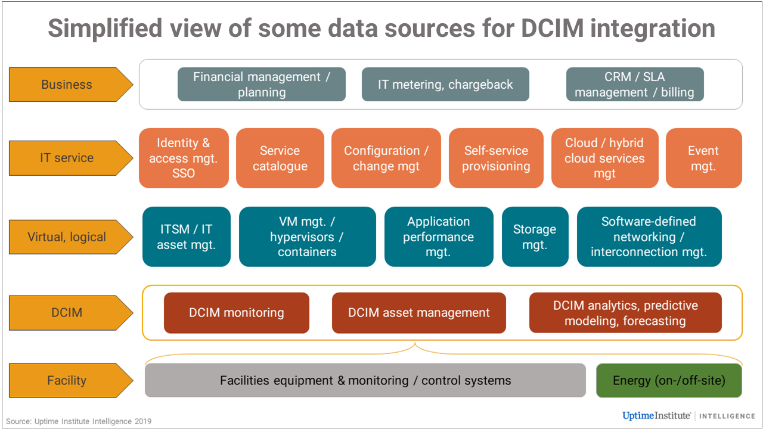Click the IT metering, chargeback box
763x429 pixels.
pos(445,85)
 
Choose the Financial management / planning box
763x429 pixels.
pos(261,85)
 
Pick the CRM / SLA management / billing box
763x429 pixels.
pos(634,85)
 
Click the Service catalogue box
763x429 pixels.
pos(280,158)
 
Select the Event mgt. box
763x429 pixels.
pos(703,158)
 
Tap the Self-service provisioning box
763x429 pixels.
pos(496,158)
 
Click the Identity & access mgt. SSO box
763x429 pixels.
pos(184,158)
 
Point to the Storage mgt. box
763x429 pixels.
pos(535,237)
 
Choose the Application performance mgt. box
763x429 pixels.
pos(439,237)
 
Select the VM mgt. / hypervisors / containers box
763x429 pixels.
pos(307,237)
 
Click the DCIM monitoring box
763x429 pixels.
pos(237,313)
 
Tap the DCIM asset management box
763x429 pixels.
pos(418,313)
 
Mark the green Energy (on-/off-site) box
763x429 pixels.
pos(669,380)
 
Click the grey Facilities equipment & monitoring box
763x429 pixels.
pos(365,380)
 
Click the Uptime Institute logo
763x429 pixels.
pos(656,415)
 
